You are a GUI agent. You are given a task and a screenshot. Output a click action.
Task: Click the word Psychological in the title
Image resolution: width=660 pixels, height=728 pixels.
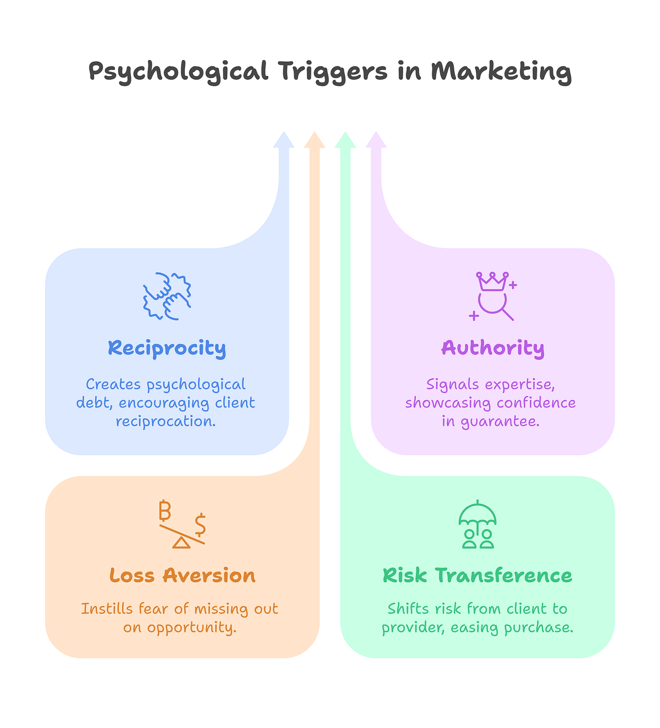coord(178,72)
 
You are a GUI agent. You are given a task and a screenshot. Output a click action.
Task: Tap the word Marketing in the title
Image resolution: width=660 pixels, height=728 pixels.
coord(501,72)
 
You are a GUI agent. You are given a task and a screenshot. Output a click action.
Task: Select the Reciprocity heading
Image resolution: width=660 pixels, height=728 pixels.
coord(167,348)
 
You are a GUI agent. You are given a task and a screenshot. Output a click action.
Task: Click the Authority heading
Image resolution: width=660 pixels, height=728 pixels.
coord(493,348)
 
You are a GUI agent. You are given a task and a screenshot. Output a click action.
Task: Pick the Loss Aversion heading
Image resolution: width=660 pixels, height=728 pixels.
coord(183,576)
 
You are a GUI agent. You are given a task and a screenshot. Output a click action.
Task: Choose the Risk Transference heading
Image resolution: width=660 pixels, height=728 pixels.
coord(477,576)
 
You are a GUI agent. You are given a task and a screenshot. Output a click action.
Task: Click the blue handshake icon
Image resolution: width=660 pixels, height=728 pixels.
coord(167,296)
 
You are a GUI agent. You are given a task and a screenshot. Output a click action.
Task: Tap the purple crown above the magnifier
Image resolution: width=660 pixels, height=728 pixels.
coord(492,281)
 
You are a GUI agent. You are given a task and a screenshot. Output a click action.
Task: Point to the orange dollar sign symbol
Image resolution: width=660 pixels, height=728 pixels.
coord(200,525)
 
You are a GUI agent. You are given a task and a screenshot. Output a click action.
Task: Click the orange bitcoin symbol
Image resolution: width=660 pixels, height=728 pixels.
coord(165,511)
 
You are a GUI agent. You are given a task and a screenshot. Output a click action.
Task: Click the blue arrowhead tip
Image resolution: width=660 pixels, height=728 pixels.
coord(284,132)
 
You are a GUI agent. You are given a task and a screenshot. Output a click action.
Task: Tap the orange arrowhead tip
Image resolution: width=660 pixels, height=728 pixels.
coord(315,132)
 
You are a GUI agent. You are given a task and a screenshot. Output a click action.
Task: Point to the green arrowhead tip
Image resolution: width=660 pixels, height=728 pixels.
coord(345,132)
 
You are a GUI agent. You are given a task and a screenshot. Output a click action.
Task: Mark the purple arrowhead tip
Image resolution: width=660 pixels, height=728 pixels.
coord(376,132)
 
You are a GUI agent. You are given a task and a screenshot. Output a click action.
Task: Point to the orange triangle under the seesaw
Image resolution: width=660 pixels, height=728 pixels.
coord(182,543)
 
